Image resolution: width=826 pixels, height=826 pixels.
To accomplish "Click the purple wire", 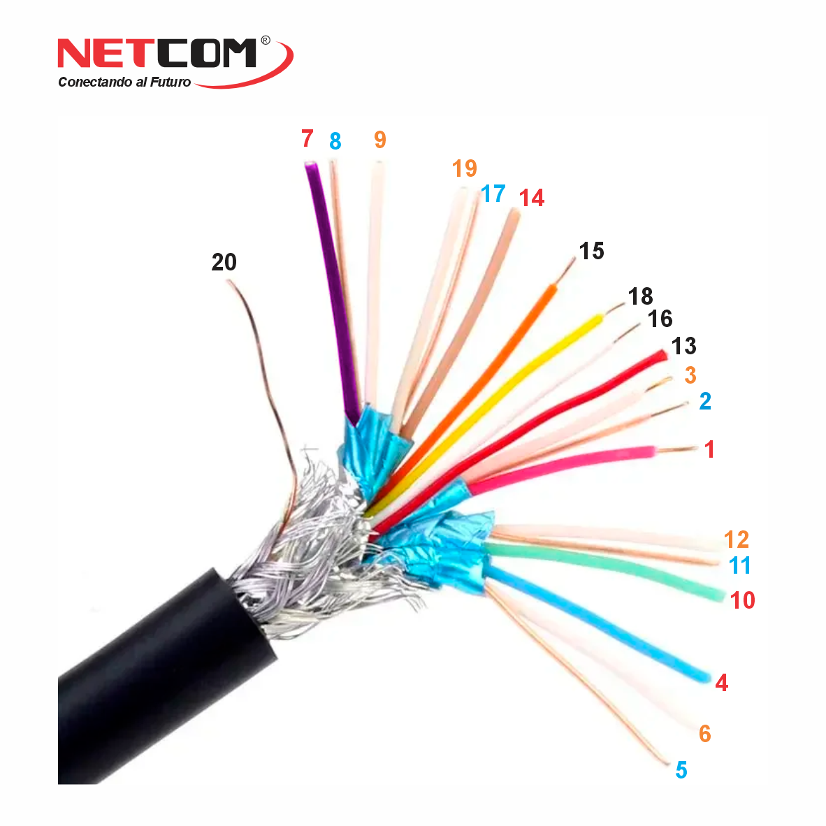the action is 332,290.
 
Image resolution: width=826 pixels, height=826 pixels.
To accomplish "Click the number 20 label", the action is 224,262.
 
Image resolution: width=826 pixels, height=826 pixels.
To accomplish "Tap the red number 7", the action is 307,138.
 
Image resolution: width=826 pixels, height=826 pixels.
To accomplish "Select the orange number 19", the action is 464,168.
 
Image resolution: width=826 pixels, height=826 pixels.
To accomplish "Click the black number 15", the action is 591,251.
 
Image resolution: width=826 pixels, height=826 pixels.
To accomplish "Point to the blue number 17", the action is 493,194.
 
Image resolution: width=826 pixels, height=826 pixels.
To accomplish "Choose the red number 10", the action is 742,600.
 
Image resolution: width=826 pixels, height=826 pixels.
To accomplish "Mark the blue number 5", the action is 681,769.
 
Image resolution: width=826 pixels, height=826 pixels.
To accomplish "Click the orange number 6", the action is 705,733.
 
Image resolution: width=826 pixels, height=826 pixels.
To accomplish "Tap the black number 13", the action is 683,346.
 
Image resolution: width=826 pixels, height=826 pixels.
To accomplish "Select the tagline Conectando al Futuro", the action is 124,82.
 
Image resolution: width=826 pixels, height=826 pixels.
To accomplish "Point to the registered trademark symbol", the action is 266,40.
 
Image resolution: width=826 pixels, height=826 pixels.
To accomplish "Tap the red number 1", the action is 709,449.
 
